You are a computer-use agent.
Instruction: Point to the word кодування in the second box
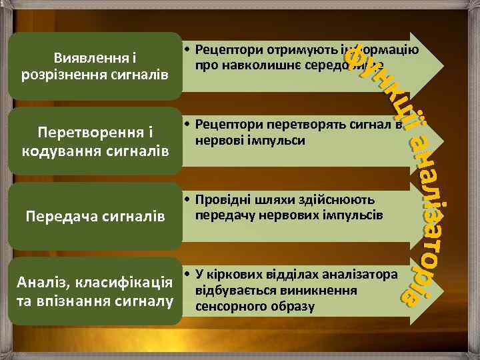coord(62,147)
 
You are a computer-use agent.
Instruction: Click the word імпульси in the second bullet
coord(282,140)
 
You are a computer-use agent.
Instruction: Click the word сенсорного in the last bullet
coord(225,305)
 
